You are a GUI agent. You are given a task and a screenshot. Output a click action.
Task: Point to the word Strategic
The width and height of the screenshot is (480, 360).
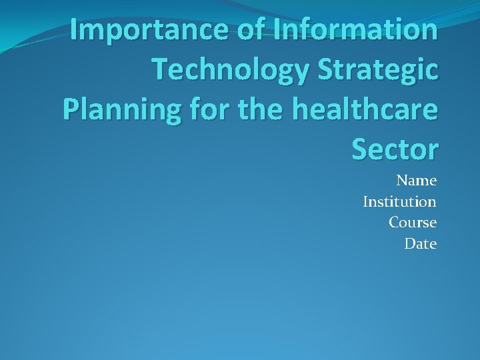(x=375, y=71)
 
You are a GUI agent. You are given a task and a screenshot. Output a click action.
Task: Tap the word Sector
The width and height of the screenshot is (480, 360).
(x=395, y=150)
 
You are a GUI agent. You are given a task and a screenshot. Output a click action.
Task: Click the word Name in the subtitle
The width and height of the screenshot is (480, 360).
(x=417, y=181)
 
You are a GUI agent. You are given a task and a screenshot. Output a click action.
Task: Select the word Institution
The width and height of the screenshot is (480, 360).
(x=399, y=201)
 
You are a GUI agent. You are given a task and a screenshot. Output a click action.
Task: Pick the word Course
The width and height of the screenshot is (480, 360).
(x=413, y=223)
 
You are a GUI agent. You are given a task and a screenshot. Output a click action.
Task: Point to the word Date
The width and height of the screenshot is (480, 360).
(x=421, y=244)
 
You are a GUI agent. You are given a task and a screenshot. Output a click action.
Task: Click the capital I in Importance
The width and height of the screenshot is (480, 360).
(x=75, y=30)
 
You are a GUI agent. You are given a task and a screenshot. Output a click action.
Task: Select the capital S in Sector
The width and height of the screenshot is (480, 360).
(x=361, y=150)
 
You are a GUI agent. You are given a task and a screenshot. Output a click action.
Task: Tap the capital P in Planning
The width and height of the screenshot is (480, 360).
(x=71, y=109)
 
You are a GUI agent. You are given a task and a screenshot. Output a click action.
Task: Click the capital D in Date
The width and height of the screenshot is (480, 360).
(x=410, y=244)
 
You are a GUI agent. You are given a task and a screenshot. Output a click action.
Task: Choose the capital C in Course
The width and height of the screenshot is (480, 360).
(x=394, y=223)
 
